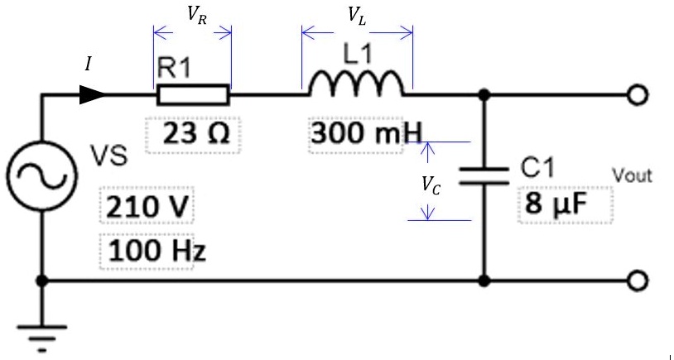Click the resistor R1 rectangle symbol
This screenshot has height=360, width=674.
(x=193, y=95)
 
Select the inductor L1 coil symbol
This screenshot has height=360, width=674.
(x=357, y=84)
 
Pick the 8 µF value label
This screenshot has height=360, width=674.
(x=551, y=203)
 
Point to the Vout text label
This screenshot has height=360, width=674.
(x=631, y=175)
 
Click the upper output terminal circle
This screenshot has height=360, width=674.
(x=635, y=95)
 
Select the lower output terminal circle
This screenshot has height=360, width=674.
(x=635, y=281)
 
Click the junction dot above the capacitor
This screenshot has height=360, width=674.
(x=484, y=95)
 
